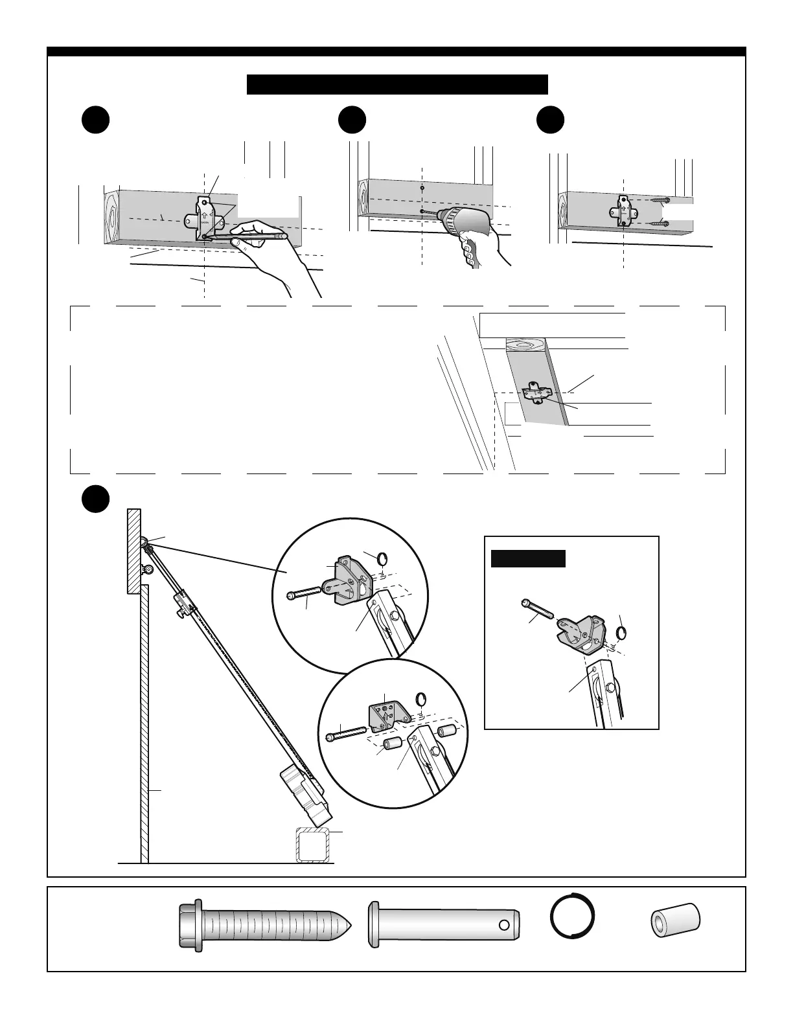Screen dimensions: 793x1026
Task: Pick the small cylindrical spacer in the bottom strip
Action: [676, 919]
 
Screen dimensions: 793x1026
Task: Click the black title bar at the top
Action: [397, 84]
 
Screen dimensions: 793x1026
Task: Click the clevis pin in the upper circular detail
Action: [304, 593]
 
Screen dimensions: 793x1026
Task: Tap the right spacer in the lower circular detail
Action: [445, 732]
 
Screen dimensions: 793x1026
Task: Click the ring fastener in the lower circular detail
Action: [420, 698]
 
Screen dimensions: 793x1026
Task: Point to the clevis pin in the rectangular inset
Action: [536, 610]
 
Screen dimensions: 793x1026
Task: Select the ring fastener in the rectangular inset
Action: [622, 632]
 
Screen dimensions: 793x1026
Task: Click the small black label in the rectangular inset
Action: [528, 558]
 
